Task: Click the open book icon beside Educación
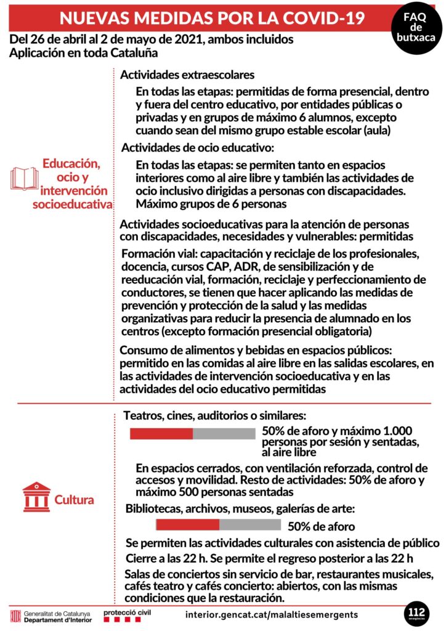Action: coord(25,178)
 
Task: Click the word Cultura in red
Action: coord(75,500)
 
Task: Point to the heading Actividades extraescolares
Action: coord(187,75)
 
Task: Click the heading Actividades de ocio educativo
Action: coord(197,148)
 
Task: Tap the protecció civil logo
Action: coord(128,614)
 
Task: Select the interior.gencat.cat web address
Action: coord(271,614)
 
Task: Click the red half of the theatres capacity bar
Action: coord(161,433)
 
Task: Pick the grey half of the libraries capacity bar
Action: coord(250,524)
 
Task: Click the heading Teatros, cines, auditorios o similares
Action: coord(215,416)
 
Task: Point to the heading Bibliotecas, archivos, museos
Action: coord(240,509)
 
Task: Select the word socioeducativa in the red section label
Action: coord(72,204)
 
